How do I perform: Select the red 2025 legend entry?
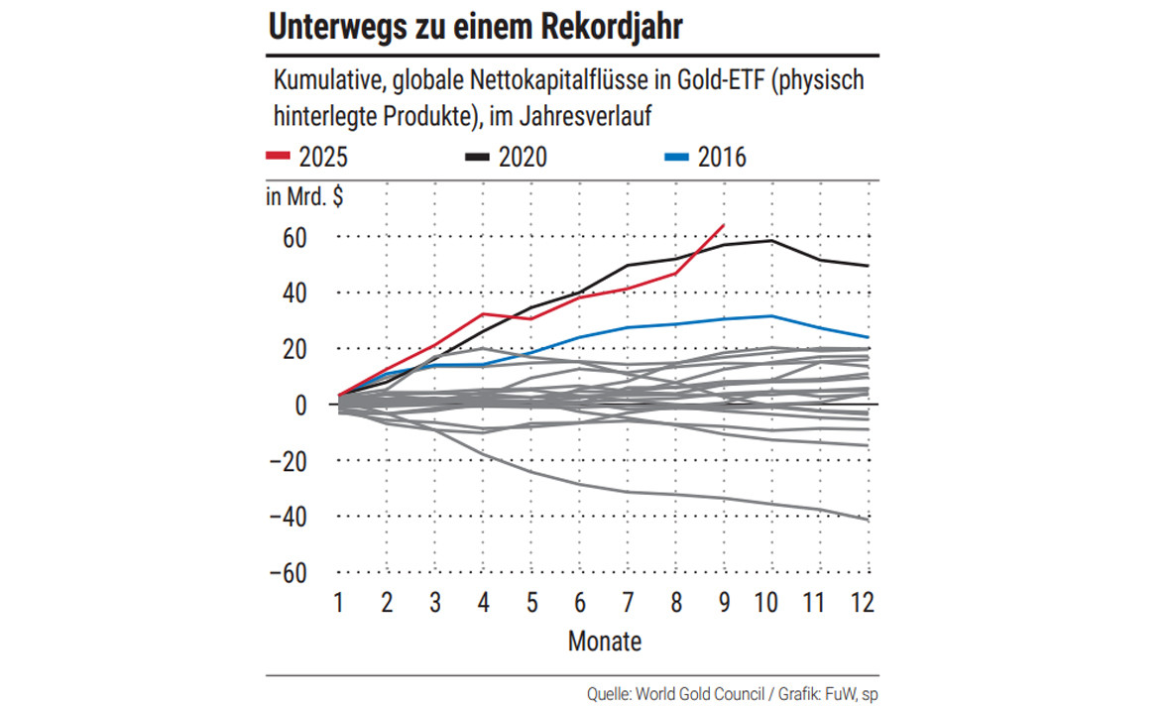[307, 156]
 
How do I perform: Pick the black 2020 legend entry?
[506, 156]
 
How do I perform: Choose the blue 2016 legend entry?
[704, 156]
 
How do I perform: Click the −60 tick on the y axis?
[288, 573]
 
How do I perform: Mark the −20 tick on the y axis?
[288, 461]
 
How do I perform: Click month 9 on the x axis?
[723, 602]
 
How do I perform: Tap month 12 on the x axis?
[864, 602]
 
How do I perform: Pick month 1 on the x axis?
[339, 602]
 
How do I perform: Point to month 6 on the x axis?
[579, 602]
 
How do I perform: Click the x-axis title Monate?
[605, 642]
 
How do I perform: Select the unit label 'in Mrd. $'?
[304, 196]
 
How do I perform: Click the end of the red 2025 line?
[724, 226]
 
